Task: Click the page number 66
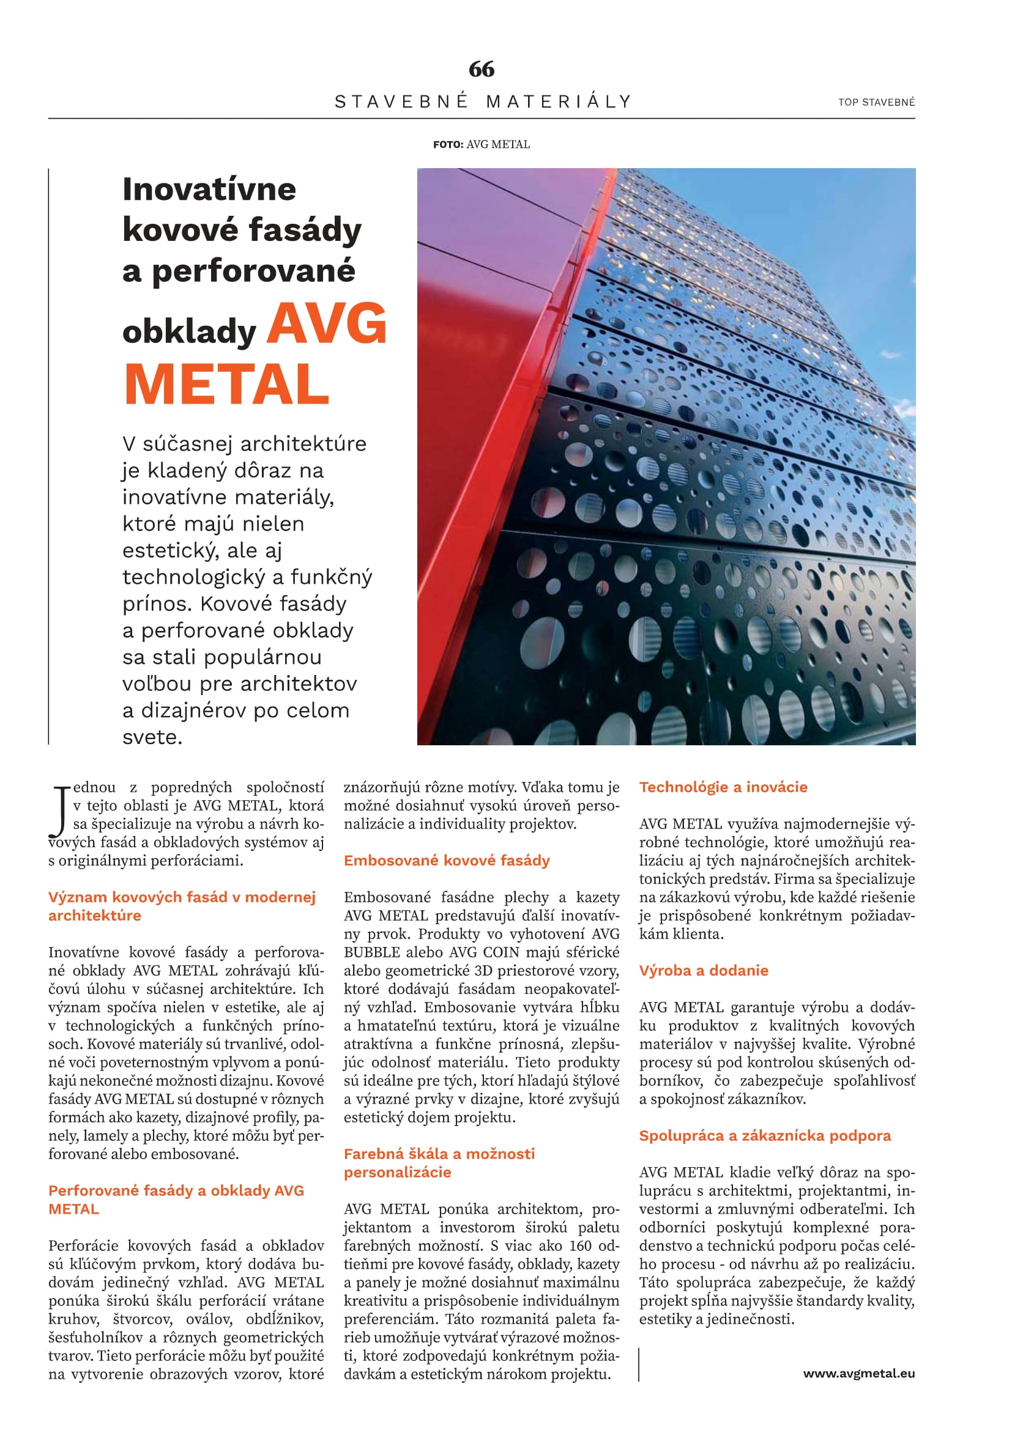[x=482, y=69]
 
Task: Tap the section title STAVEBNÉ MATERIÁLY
[x=483, y=101]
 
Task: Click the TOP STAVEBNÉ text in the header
[x=876, y=102]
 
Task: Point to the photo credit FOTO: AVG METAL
[x=481, y=144]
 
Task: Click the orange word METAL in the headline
[x=227, y=385]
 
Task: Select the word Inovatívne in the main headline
[x=209, y=189]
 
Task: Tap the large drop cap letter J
[x=59, y=812]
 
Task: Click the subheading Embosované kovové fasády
[x=447, y=860]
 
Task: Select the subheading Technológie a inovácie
[x=723, y=787]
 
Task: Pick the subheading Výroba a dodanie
[x=704, y=970]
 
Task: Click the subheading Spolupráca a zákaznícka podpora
[x=765, y=1135]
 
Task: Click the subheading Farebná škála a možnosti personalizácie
[x=439, y=1163]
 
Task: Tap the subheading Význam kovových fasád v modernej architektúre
[x=182, y=906]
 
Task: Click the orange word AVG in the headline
[x=327, y=325]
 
